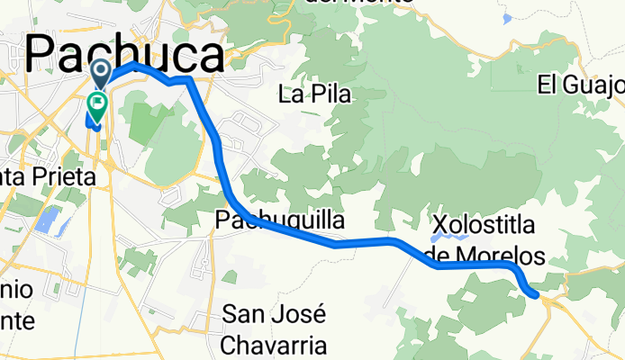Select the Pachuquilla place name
coord(279,220)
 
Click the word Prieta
coord(63,178)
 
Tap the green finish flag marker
coord(97,105)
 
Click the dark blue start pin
coord(100,72)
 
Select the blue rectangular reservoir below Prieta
coord(50,221)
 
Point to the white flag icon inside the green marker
coord(97,103)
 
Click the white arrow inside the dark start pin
coord(100,70)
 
